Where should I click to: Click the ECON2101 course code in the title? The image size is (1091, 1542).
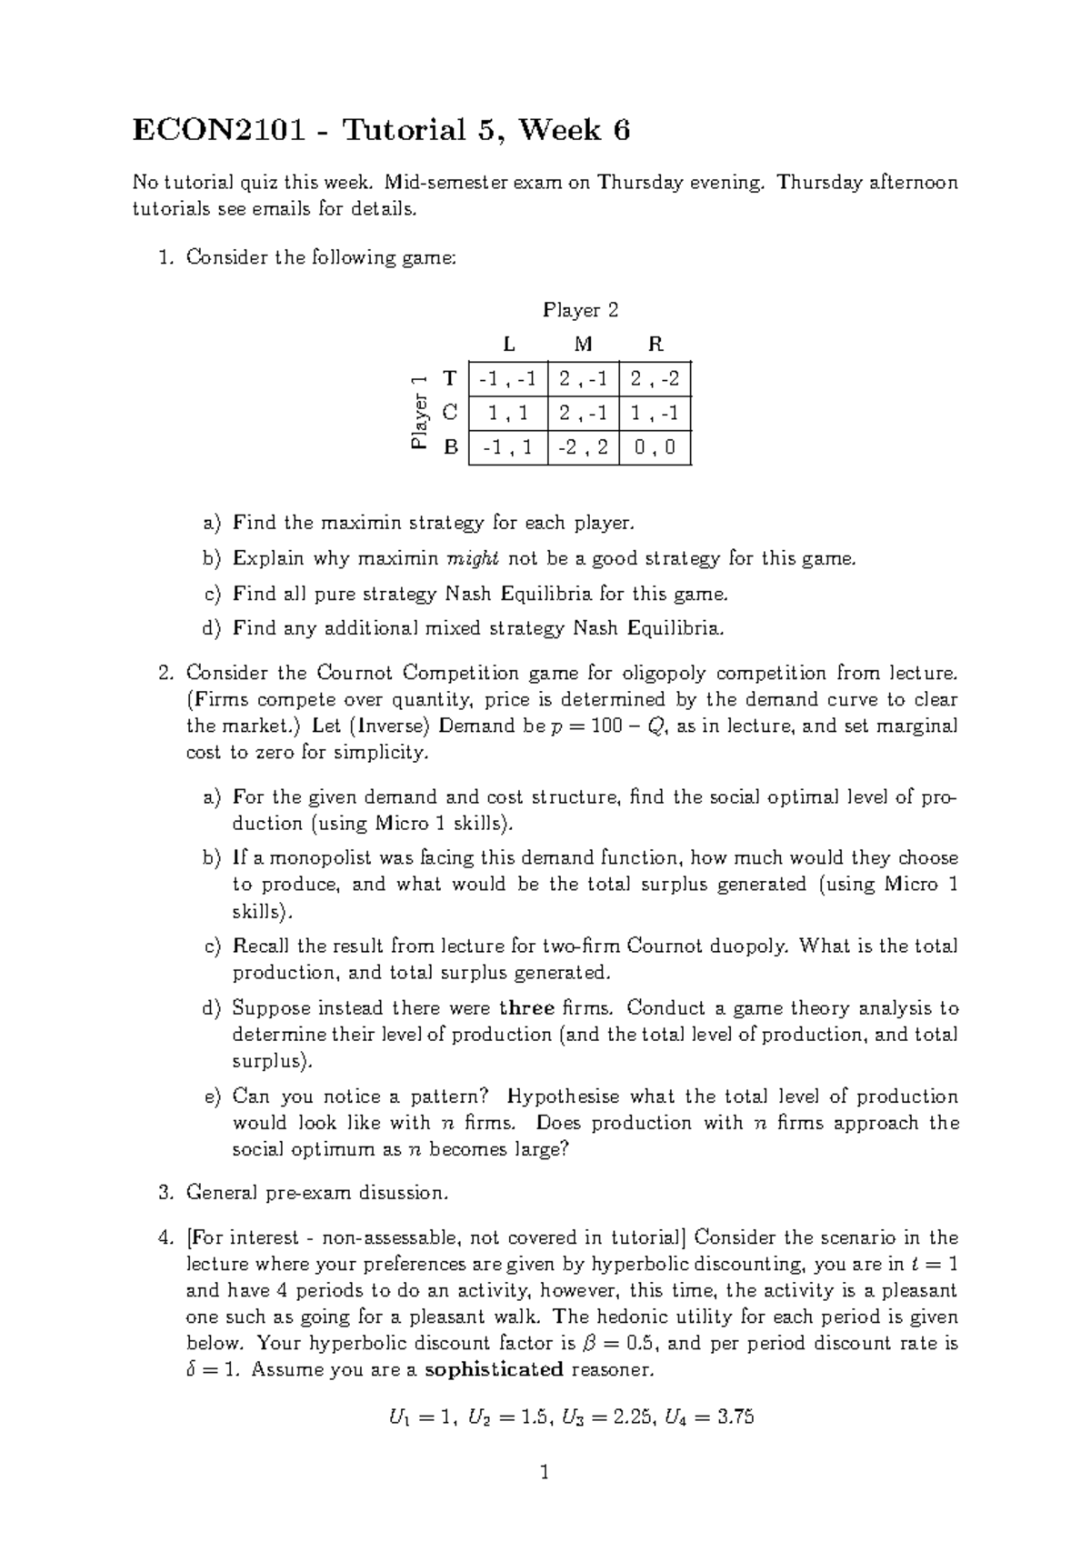(229, 131)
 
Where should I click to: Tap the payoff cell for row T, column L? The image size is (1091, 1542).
(507, 378)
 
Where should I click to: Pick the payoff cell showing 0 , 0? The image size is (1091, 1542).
(655, 448)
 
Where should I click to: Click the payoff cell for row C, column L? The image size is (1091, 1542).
(507, 414)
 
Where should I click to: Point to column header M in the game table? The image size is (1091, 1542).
(584, 345)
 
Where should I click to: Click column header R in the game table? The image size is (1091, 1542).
(655, 345)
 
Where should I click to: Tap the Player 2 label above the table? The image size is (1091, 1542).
(580, 310)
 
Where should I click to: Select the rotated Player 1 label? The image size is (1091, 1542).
(418, 413)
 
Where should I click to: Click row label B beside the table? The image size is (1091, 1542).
(449, 448)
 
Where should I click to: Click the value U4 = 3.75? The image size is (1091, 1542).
(709, 1417)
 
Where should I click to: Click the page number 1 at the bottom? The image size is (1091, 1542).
(545, 1473)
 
